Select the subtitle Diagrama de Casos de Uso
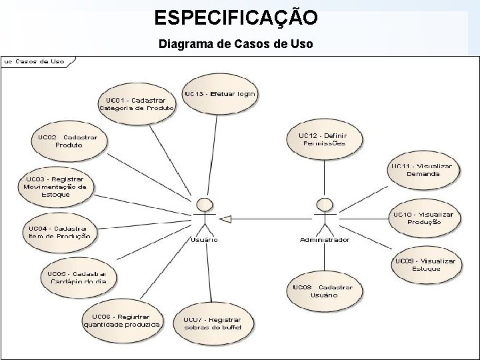click(236, 45)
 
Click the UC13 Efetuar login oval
click(219, 95)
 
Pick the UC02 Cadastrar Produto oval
click(68, 141)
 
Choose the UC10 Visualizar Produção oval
click(423, 218)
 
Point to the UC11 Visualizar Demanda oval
click(423, 169)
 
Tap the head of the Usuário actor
click(205, 203)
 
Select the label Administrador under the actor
click(325, 239)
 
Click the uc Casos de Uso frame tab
click(35, 61)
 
